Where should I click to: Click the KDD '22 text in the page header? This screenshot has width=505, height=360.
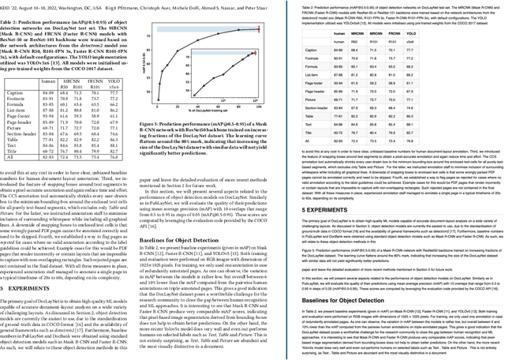pos(11,4)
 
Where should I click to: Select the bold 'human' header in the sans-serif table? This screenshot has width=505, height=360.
pos(361,36)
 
